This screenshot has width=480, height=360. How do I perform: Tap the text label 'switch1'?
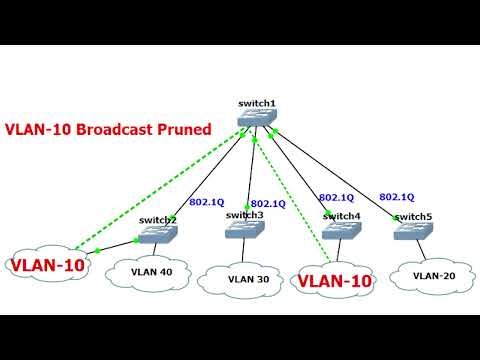pos(255,104)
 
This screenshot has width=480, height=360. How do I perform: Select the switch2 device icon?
pos(158,235)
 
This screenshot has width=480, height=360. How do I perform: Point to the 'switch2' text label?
pos(158,219)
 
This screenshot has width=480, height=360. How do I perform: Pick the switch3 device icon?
pos(245,230)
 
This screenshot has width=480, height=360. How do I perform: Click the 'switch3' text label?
pos(245,214)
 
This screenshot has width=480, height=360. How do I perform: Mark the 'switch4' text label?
pos(341,215)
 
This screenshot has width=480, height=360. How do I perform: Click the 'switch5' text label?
pos(413,216)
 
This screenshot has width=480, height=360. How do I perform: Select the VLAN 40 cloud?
pos(152,269)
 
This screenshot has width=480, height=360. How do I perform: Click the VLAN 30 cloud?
pos(248,279)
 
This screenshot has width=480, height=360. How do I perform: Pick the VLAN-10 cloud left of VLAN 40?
pos(46,265)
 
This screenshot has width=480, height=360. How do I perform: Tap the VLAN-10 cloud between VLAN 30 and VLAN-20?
pos(336,281)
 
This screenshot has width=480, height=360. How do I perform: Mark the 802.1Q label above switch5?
pos(397,196)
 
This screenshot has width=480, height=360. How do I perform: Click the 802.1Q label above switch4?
pos(337,198)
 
